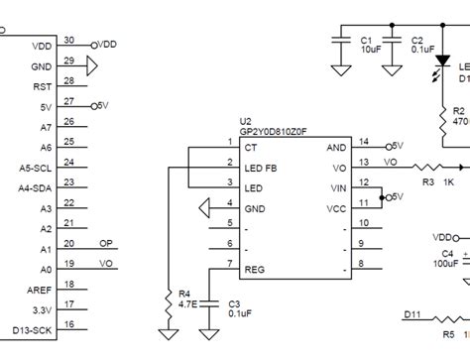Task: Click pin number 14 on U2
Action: tap(364, 142)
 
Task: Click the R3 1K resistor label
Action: tap(436, 182)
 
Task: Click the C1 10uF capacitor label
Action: tap(371, 44)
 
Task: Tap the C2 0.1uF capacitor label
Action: tap(422, 44)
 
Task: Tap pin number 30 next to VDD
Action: tap(68, 40)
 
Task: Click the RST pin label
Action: tap(42, 86)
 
